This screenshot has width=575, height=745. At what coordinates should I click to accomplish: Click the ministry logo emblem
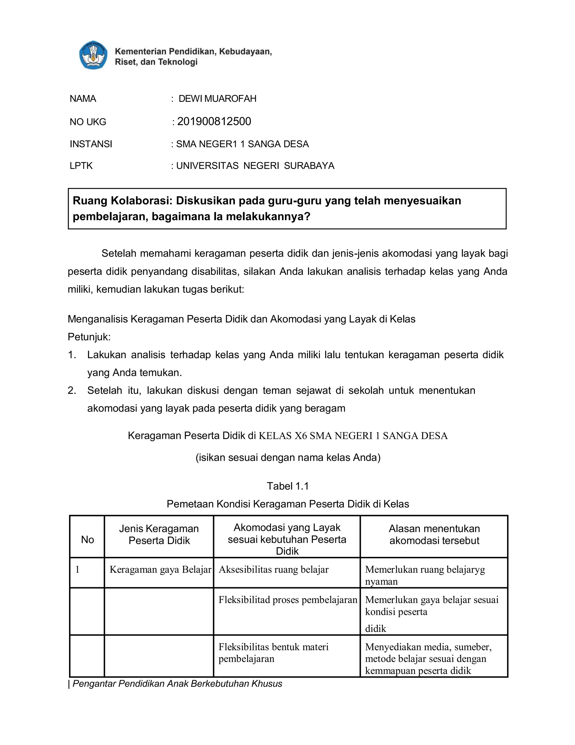coord(93,56)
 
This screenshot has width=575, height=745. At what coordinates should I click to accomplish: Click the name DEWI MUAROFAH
coord(217,99)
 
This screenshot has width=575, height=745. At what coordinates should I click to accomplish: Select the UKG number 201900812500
coord(214,121)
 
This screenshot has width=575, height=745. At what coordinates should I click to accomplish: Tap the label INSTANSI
coord(91,144)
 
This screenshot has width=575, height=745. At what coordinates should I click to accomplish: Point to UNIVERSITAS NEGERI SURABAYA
coord(255,166)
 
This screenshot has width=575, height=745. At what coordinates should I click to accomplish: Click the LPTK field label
coord(81,166)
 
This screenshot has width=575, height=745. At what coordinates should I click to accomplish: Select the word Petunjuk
coord(89,337)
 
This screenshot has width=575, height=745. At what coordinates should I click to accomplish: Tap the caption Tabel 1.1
coord(287,486)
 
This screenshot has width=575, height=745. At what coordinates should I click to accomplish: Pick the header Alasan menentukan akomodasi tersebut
coord(434,534)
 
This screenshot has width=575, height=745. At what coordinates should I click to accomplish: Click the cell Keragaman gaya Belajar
coord(160,569)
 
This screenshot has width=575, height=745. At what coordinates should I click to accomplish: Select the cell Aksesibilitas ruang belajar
coord(273,569)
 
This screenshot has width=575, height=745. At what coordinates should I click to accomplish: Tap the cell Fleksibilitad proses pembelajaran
coord(287,600)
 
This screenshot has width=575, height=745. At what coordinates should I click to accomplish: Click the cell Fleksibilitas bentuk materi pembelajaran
coord(273,653)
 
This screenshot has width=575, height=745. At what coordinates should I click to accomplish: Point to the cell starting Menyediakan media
coord(428,658)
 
